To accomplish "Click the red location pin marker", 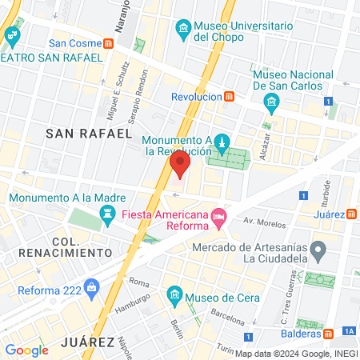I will pos(179,166).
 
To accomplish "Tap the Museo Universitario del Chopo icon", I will pos(184,30).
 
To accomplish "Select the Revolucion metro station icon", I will pos(230,97).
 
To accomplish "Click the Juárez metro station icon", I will pos(352,214).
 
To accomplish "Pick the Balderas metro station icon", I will pos(329,333).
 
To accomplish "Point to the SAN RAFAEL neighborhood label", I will pos(88,133).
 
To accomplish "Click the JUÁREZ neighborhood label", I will pos(87,342).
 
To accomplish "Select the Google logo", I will pos(26,350).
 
